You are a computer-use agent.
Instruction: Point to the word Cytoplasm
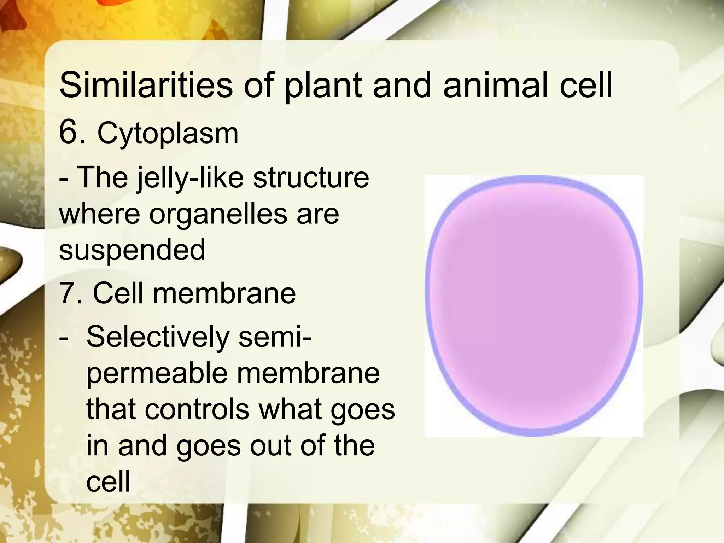click(168, 134)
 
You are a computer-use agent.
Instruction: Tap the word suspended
click(132, 250)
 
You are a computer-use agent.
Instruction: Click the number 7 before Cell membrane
click(67, 293)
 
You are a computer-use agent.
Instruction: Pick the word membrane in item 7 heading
click(224, 293)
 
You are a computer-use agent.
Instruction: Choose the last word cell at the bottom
click(108, 481)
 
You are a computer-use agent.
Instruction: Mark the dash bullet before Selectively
click(64, 337)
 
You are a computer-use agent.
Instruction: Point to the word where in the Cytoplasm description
click(99, 214)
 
